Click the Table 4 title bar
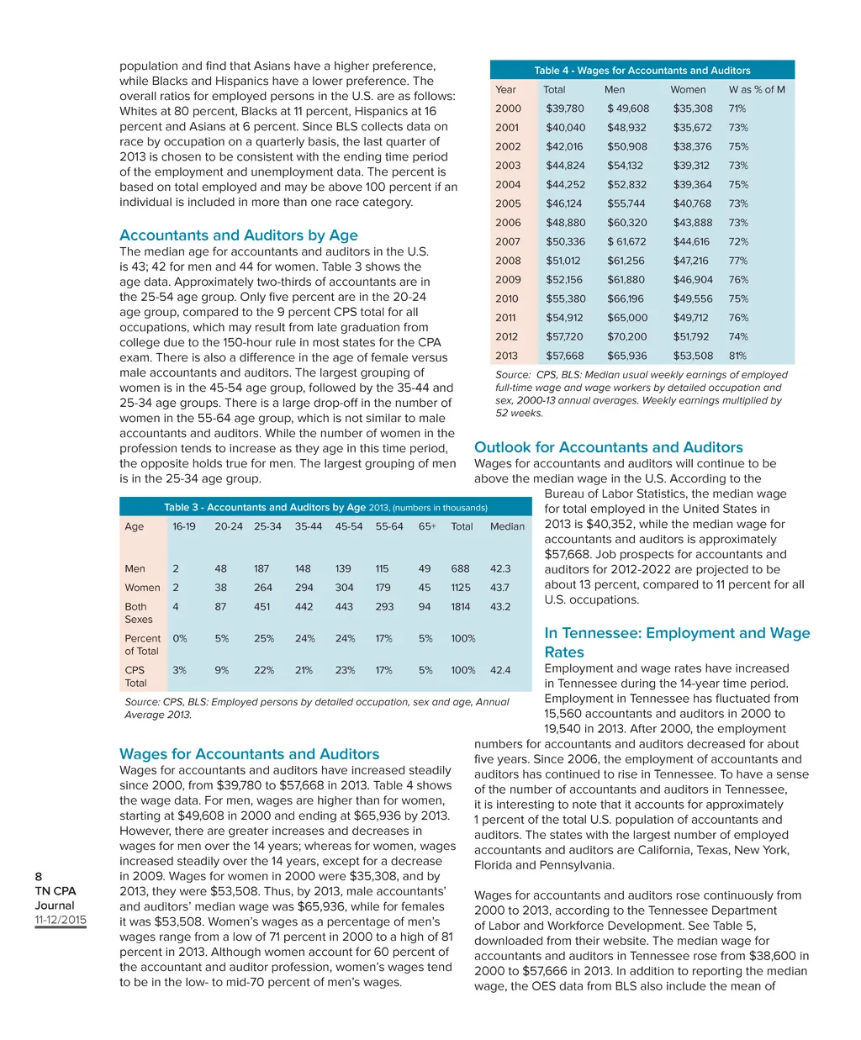click(642, 71)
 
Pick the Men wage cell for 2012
click(626, 336)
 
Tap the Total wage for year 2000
click(564, 108)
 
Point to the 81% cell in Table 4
click(737, 356)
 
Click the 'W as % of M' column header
click(756, 89)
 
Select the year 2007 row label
click(508, 241)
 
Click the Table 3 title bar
click(325, 507)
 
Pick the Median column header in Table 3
click(507, 526)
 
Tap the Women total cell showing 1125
click(461, 588)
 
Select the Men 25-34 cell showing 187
click(261, 568)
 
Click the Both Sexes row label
click(138, 613)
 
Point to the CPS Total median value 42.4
click(500, 670)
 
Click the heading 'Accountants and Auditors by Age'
click(238, 235)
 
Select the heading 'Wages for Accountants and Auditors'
click(249, 754)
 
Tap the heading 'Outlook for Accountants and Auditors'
click(608, 447)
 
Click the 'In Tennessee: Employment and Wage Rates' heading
click(677, 642)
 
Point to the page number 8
click(39, 876)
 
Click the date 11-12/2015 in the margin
click(61, 920)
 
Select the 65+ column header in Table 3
click(427, 526)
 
